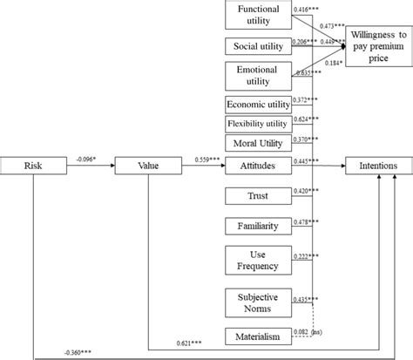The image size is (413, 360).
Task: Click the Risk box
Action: click(32, 165)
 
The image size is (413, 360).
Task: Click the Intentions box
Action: click(378, 165)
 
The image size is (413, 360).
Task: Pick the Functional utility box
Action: click(258, 15)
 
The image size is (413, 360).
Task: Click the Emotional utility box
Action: click(258, 75)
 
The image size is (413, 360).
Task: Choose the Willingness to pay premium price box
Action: click(378, 44)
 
